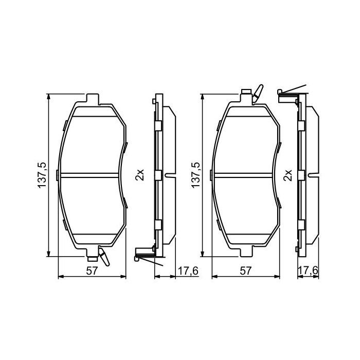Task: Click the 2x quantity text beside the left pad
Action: (138, 175)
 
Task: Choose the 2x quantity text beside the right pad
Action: (288, 175)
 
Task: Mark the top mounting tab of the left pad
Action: (92, 98)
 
